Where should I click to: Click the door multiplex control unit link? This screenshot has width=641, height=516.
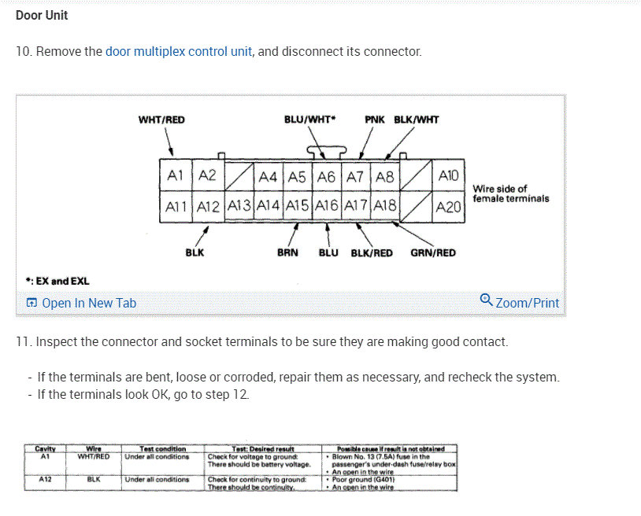point(179,52)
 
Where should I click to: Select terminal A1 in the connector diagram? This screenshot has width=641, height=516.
point(175,177)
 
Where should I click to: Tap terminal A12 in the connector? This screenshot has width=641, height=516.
point(208,206)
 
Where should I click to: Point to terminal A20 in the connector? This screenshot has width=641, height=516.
point(448,206)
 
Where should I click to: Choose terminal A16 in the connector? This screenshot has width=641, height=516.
point(326,206)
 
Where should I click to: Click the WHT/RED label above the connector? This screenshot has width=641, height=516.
point(161,120)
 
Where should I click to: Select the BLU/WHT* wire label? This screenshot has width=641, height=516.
point(309,120)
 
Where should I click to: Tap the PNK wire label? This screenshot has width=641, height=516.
point(375,120)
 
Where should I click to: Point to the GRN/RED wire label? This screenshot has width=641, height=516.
point(433,252)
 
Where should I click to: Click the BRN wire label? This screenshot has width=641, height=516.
point(287,252)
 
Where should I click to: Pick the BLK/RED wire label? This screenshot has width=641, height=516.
point(372,252)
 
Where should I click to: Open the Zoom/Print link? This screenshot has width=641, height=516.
point(520,302)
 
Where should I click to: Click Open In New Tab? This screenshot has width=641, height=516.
point(81,303)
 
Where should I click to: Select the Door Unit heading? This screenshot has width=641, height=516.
point(42,15)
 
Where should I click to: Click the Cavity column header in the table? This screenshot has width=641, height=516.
point(45,449)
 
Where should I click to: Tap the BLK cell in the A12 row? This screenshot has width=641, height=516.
point(93,479)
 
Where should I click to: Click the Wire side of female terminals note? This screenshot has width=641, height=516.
point(511,193)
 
